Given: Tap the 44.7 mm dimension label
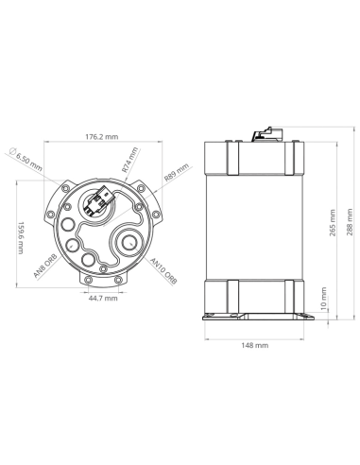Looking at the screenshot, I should tap(103, 299).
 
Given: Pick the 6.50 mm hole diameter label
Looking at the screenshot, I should tap(27, 160).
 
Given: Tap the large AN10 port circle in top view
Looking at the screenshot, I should tap(128, 244).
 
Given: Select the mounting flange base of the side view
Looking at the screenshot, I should tap(256, 315).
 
